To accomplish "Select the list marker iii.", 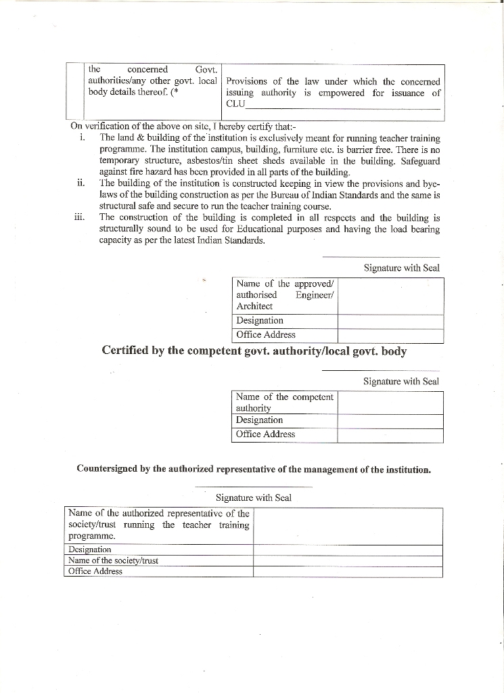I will point(80,217).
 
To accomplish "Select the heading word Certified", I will point(131,351).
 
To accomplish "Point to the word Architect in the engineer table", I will point(254,306).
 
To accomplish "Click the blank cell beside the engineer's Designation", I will point(390,321).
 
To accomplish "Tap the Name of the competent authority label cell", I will point(284,402).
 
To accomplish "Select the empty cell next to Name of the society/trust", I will point(348,560).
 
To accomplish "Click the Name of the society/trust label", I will point(113,560).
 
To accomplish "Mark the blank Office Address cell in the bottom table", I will point(348,571).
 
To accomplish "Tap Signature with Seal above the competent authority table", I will point(400,381).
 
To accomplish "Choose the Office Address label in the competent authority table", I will point(266,434).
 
